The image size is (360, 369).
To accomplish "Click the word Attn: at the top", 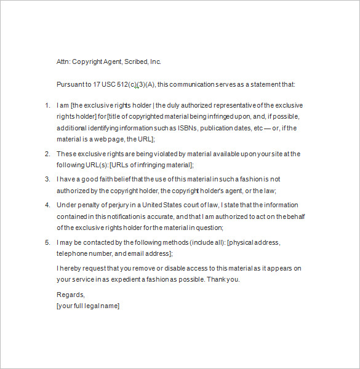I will (x=63, y=61).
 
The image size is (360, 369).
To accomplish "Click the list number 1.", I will (x=47, y=106).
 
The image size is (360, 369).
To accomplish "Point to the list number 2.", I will (x=47, y=154).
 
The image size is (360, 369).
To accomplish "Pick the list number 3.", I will (x=47, y=179).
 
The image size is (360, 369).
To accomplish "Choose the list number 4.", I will (x=47, y=205).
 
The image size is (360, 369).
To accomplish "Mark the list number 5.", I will (x=47, y=242).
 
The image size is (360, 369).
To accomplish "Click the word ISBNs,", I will (x=192, y=128).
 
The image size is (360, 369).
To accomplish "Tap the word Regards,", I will (x=70, y=295).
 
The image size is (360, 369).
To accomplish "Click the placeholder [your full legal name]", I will (x=88, y=306).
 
